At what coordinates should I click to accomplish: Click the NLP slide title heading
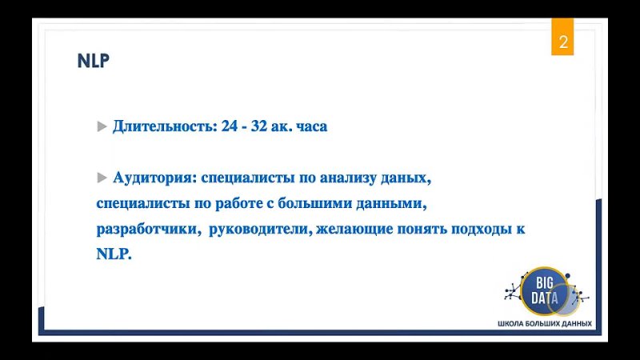pos(94,61)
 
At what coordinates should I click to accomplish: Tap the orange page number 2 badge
pos(562,37)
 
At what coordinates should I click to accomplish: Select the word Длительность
pos(166,126)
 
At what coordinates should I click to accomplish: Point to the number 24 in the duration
pos(230,126)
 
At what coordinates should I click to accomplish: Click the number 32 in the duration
pos(258,126)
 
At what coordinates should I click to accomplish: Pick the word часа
pos(312,127)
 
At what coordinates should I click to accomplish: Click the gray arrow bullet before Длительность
pos(102,126)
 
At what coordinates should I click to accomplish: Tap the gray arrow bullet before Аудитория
pos(102,178)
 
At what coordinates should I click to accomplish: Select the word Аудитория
pos(155,178)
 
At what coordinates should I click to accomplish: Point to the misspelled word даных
pos(406,178)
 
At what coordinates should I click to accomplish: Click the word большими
pos(314,203)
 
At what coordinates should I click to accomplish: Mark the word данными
pos(391,204)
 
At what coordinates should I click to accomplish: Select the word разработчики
pos(149,229)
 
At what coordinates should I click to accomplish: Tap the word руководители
pos(261,229)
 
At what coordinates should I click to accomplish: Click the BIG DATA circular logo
pos(546,291)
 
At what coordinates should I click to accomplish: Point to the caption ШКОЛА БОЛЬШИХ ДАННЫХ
pos(545,324)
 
